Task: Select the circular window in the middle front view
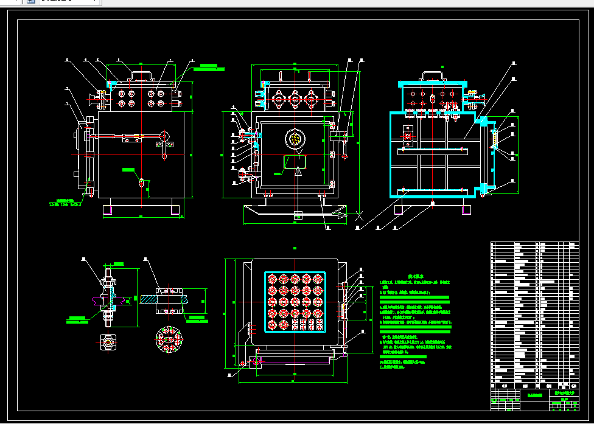point(295,140)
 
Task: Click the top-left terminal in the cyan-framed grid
point(272,279)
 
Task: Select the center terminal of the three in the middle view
point(295,99)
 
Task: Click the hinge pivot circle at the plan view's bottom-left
point(245,363)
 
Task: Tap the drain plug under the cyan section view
point(432,202)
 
